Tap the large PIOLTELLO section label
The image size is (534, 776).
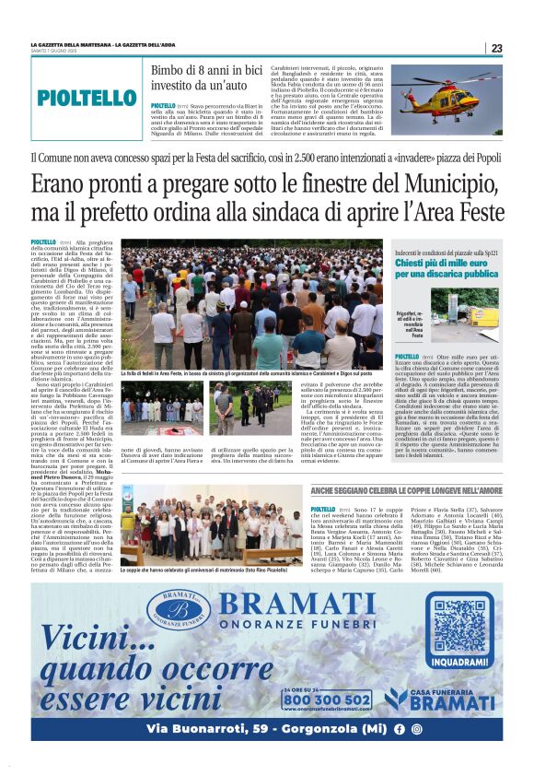click(87, 98)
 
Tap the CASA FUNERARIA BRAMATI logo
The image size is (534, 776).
click(445, 698)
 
